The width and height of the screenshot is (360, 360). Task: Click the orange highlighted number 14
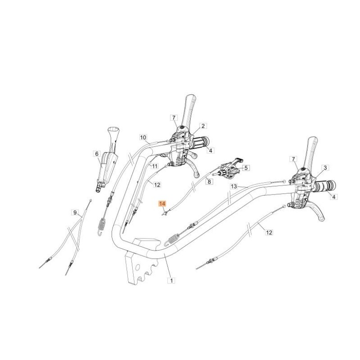tap(162, 204)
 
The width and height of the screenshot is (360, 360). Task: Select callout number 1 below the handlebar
tap(171, 280)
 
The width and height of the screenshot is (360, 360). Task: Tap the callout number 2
tap(203, 126)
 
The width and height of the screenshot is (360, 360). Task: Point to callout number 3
tap(325, 168)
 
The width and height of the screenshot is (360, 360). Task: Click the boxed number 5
tap(245, 168)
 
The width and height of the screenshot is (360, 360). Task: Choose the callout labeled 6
tap(96, 153)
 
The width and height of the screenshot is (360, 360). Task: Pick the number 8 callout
tap(209, 181)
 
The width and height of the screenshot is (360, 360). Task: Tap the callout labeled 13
tap(234, 186)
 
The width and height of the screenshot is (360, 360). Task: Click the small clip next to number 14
tap(166, 212)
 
